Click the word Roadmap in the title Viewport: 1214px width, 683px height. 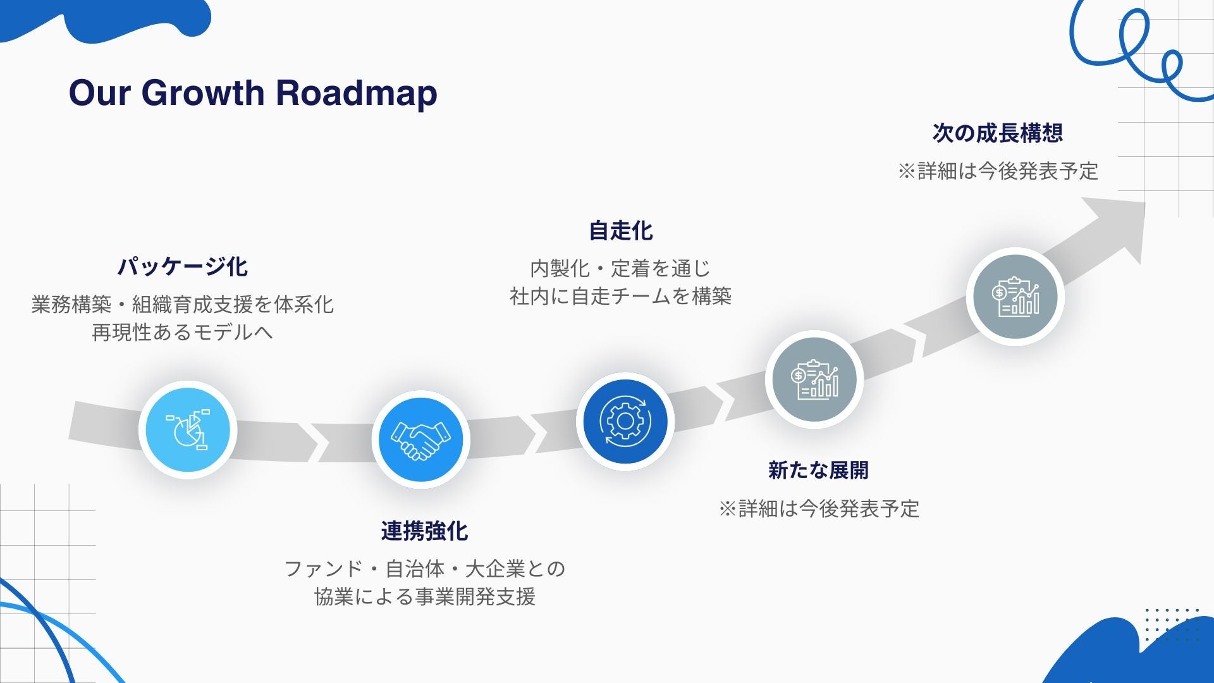tap(356, 93)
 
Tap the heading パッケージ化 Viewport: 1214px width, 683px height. tap(182, 266)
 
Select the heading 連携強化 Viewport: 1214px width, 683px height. tap(424, 531)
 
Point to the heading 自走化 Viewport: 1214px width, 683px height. tap(620, 231)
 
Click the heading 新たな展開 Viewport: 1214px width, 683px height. tap(818, 471)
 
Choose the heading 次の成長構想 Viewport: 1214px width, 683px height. tap(997, 133)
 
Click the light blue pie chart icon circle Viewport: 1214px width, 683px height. tap(188, 430)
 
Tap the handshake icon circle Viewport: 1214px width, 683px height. tap(420, 440)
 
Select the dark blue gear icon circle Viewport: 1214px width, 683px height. tap(625, 421)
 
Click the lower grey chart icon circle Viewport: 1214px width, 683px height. tap(814, 379)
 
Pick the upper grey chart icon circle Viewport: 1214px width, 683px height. tap(1015, 297)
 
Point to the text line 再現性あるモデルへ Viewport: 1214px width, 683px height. tap(182, 333)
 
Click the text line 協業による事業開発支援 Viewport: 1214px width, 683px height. tap(425, 596)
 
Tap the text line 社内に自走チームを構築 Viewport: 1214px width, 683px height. tap(620, 296)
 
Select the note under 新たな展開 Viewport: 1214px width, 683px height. tap(819, 508)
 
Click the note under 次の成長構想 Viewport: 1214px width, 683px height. tap(998, 171)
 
